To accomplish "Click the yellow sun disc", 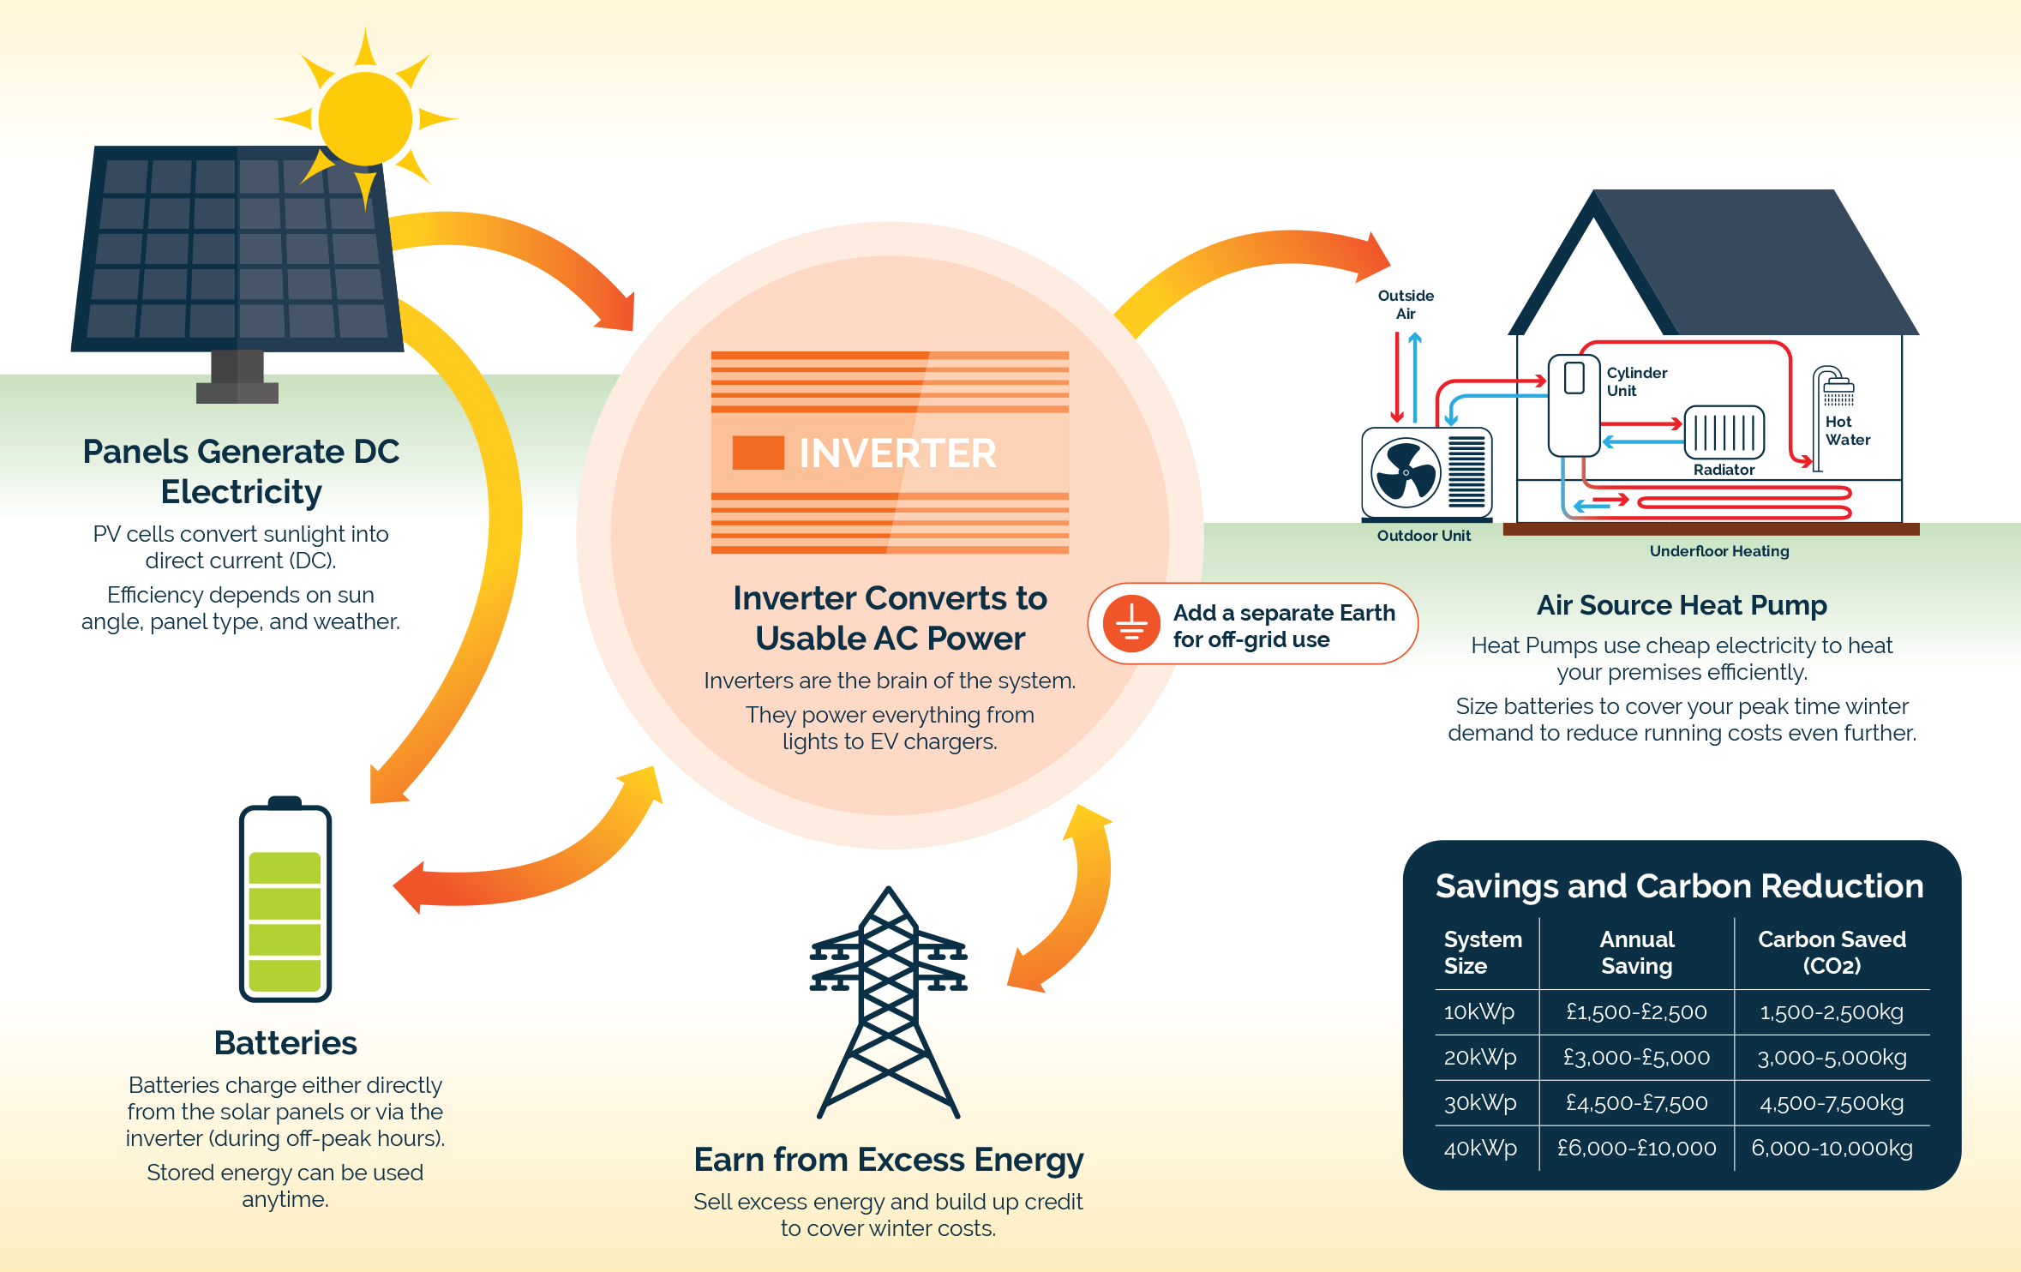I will (x=365, y=118).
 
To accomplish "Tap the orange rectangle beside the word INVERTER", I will (x=758, y=453).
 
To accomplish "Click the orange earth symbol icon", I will (x=1131, y=624).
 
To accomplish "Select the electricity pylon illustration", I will (x=889, y=1003).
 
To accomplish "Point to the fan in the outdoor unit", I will (x=1406, y=472).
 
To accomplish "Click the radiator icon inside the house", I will (x=1724, y=433).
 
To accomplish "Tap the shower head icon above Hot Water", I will (x=1838, y=390).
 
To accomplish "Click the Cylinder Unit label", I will (x=1636, y=381).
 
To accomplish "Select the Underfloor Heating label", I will (x=1719, y=551).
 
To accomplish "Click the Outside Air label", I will (x=1406, y=304).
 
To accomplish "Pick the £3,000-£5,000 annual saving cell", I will (x=1636, y=1058).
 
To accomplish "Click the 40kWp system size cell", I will (x=1480, y=1148).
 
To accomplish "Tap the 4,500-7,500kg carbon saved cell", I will (x=1832, y=1103).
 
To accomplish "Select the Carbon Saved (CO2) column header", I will (x=1832, y=952).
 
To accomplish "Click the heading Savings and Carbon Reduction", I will (x=1679, y=886).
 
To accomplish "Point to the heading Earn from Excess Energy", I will (x=889, y=1160).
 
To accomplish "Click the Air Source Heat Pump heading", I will (x=1682, y=605).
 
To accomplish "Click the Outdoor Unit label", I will (x=1424, y=536).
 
